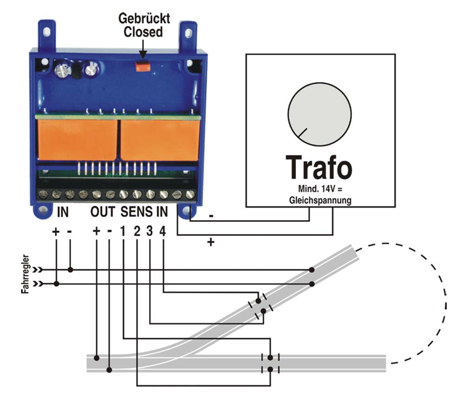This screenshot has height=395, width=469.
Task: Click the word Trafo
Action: [x=319, y=167]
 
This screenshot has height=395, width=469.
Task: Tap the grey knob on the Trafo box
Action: [x=319, y=115]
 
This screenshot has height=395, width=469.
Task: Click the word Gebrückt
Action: [x=144, y=19]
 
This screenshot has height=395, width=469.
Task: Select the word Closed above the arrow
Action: [x=143, y=32]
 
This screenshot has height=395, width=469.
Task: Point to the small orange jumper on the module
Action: [x=143, y=66]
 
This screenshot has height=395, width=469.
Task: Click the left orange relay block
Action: [x=78, y=139]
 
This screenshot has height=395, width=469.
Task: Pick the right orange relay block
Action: [x=160, y=140]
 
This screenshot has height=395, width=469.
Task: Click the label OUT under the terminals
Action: [x=102, y=212]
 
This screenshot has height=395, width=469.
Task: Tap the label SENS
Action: [x=136, y=212]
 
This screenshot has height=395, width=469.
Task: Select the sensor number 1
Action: [x=122, y=232]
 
